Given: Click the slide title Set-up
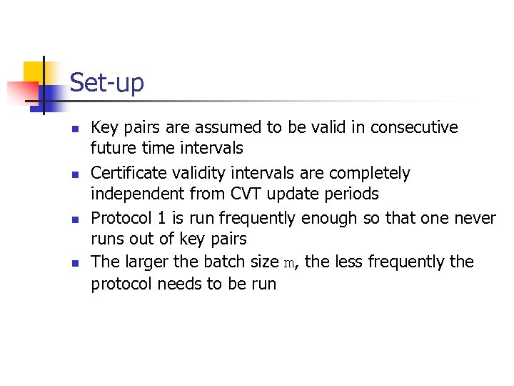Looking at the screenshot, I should pos(106,83).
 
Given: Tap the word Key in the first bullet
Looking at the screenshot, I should pos(104,128).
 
